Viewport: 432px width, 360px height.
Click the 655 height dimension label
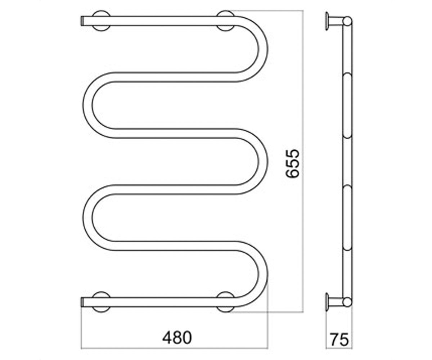click(292, 163)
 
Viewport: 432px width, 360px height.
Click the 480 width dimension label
click(177, 338)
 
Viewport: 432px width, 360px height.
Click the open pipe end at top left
click(82, 21)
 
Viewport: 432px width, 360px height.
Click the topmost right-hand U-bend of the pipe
click(263, 49)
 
